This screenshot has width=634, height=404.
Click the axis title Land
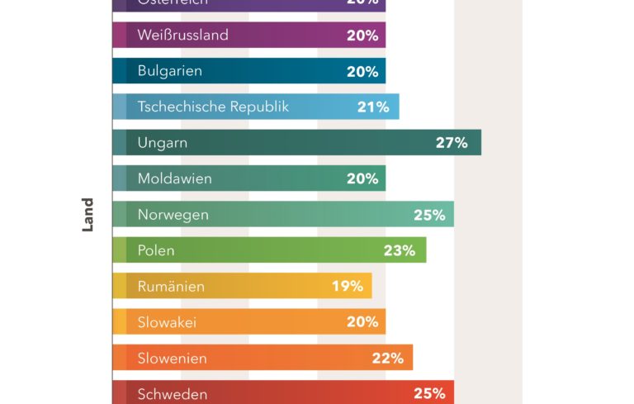88,214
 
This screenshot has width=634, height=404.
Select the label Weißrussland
183,36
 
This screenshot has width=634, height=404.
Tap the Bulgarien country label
170,71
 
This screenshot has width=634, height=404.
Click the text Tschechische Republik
213,107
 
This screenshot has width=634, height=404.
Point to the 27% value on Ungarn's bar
452,142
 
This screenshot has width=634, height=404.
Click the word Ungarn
163,143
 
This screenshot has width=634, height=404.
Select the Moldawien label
175,178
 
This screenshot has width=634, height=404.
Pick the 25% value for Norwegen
429,215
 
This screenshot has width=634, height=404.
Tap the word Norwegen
173,215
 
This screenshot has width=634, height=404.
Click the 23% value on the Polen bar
399,250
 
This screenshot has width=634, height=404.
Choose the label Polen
156,250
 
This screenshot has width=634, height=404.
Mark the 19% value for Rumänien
348,286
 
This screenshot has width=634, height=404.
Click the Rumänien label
171,287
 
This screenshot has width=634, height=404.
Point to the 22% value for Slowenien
387,358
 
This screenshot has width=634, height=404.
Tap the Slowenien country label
173,359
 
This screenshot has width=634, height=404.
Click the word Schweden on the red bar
173,394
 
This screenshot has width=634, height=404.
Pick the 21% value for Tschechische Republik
373,107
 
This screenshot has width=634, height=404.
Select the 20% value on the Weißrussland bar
362,36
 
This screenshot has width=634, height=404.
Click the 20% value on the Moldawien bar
362,178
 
